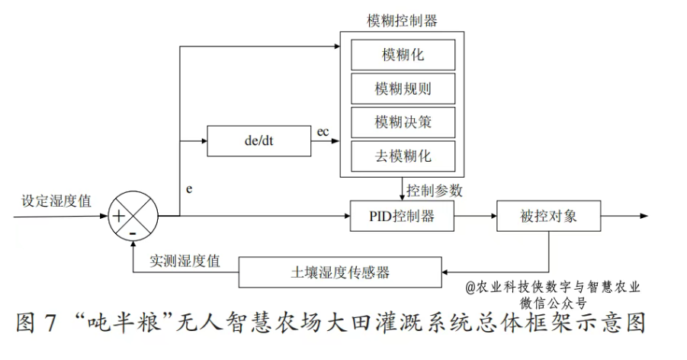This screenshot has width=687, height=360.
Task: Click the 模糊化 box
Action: coord(403,55)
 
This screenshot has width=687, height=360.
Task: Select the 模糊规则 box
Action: coord(403,88)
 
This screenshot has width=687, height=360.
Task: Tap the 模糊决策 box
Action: coord(403,122)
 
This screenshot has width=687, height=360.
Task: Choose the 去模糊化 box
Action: coord(403,156)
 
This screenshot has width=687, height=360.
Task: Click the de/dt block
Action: coord(258,141)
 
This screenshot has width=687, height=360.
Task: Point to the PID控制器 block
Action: coord(402,216)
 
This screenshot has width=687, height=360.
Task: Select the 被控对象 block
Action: coord(548,216)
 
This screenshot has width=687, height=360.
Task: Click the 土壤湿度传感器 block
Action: coord(340,272)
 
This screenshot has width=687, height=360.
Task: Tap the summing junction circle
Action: coord(133,216)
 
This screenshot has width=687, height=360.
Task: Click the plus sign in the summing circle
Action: coord(120,216)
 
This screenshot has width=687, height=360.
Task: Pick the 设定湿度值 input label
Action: coord(56,201)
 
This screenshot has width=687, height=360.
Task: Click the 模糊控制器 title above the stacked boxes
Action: coord(402,21)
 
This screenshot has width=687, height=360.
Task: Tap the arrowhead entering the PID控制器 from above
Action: coord(402,197)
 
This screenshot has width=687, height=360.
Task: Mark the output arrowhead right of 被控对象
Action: coord(644,216)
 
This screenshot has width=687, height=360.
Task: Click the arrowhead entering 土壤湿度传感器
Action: coord(447,272)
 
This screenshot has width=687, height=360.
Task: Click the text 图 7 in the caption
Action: coord(37,323)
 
